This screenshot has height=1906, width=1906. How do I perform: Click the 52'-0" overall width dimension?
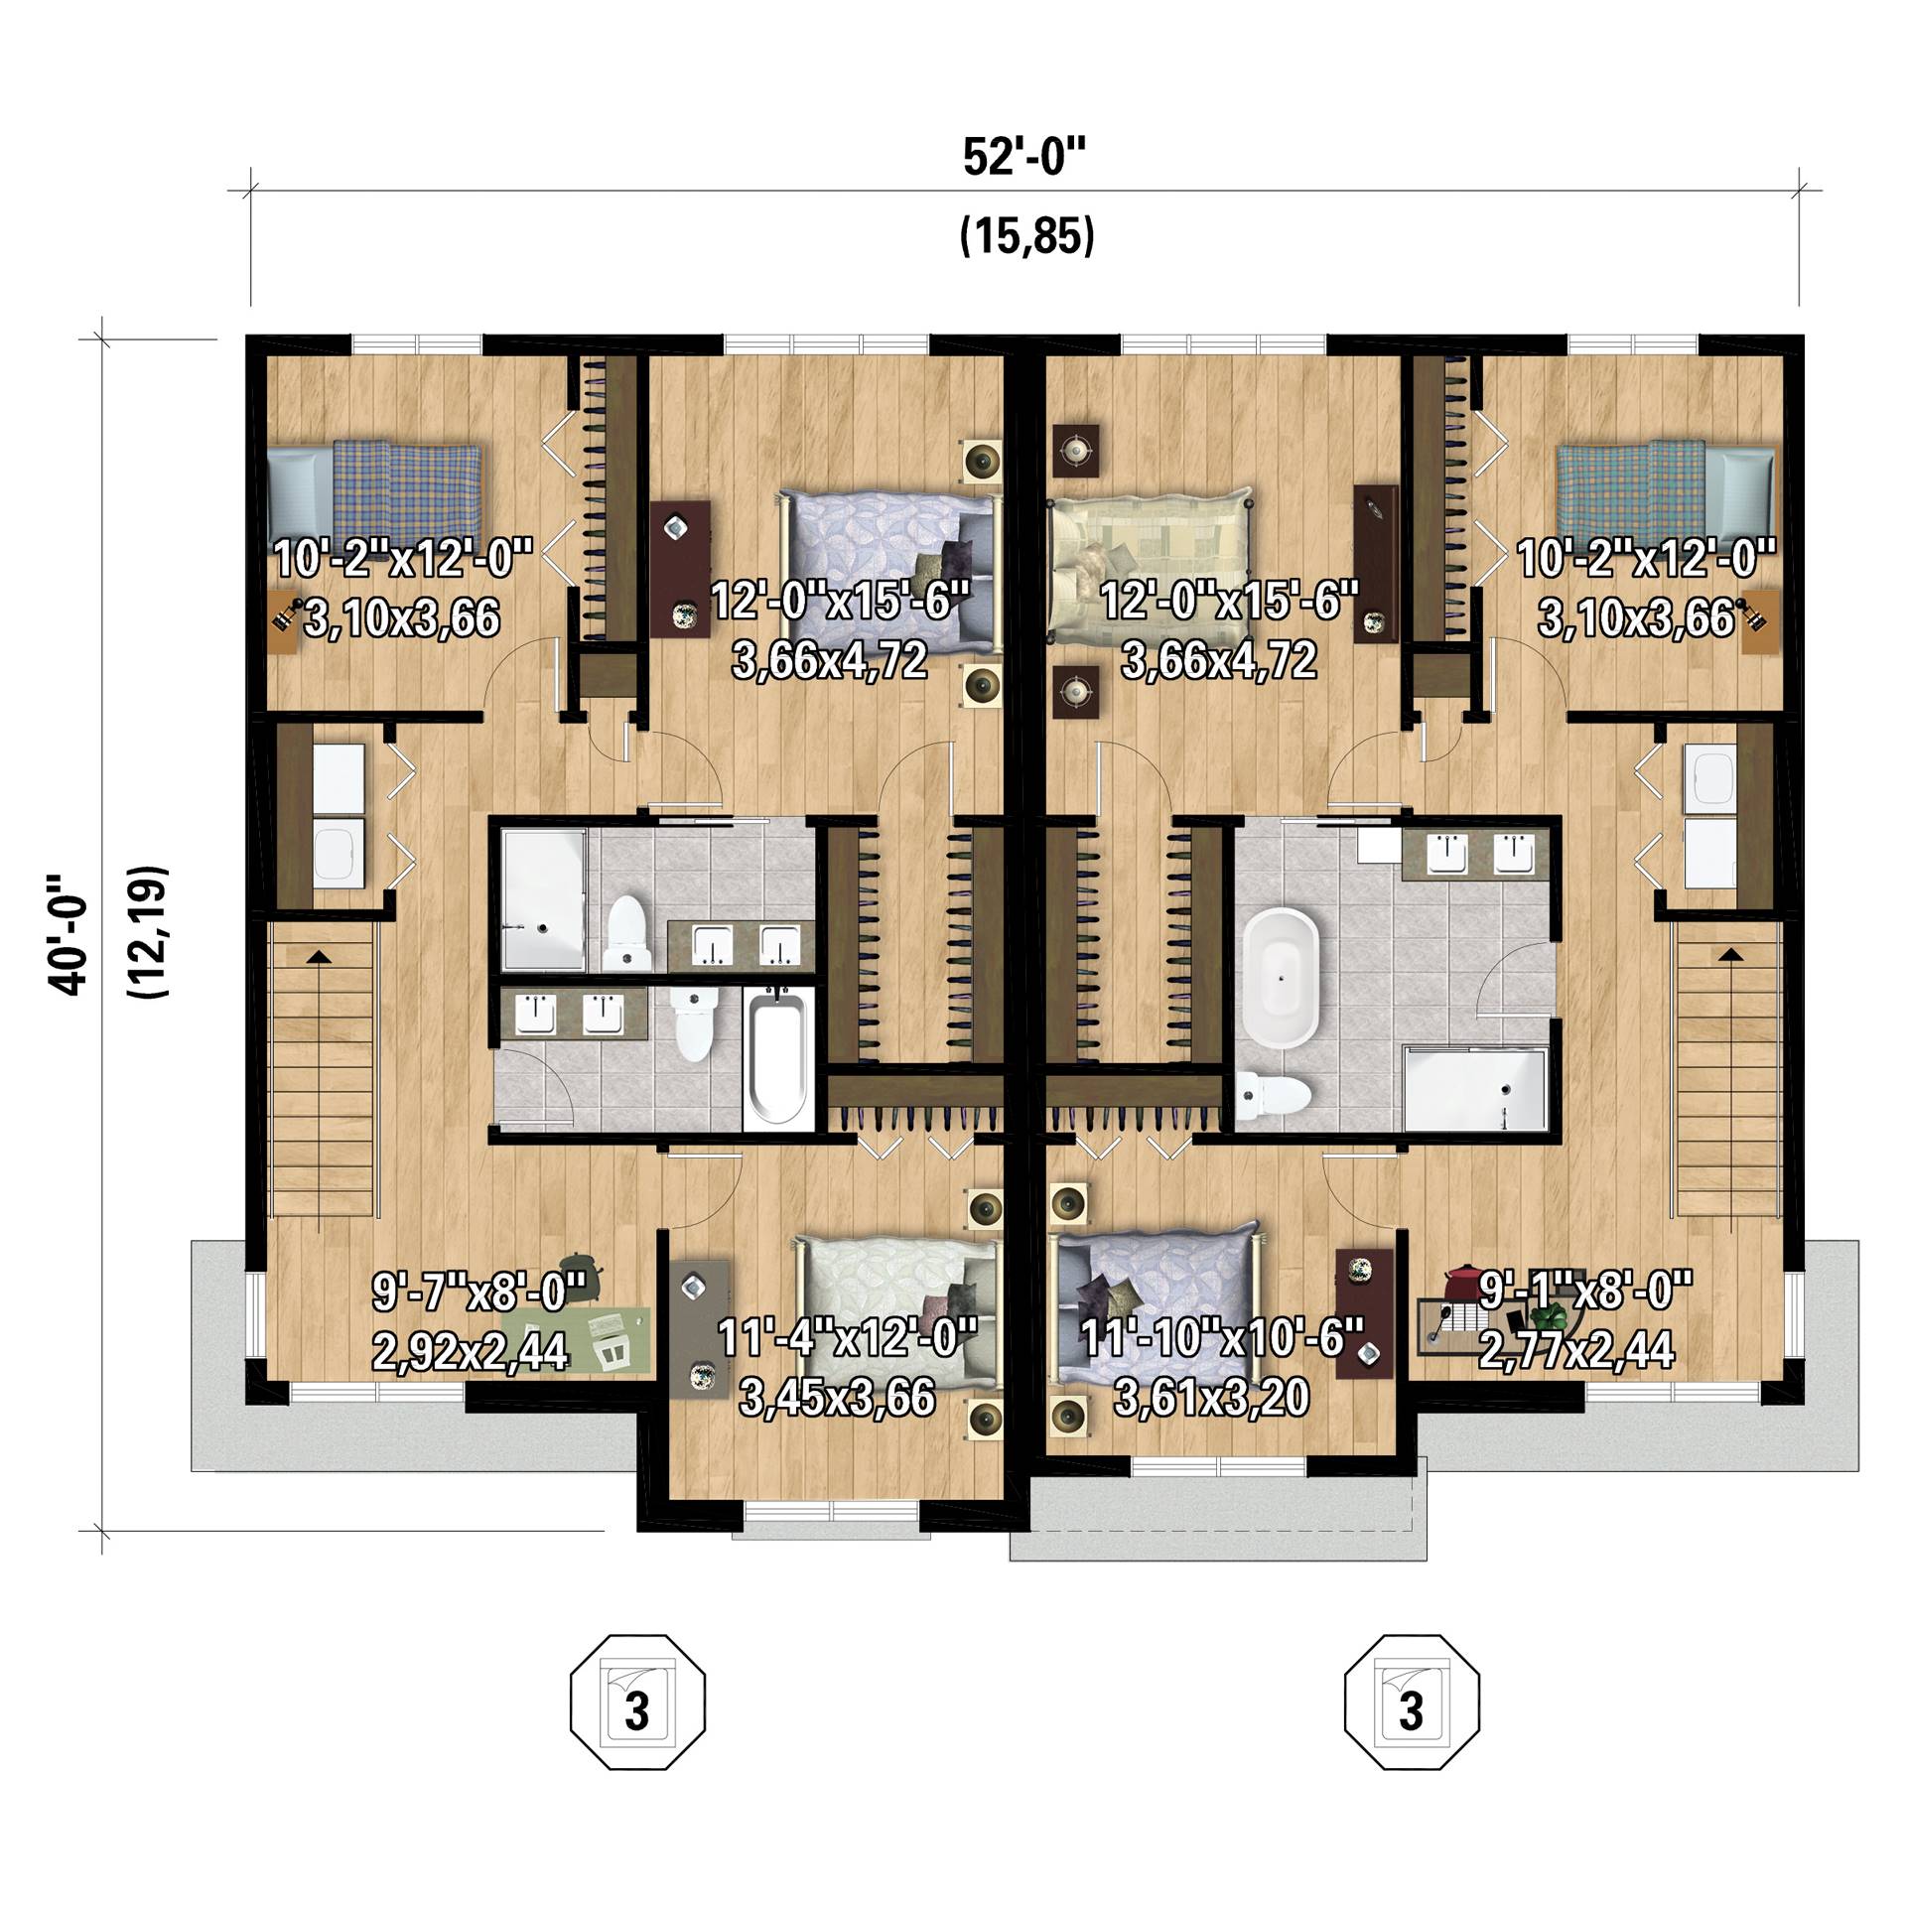point(1026,158)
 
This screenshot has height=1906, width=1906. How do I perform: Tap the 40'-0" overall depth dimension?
point(68,933)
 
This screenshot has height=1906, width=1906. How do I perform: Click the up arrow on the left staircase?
point(319,956)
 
